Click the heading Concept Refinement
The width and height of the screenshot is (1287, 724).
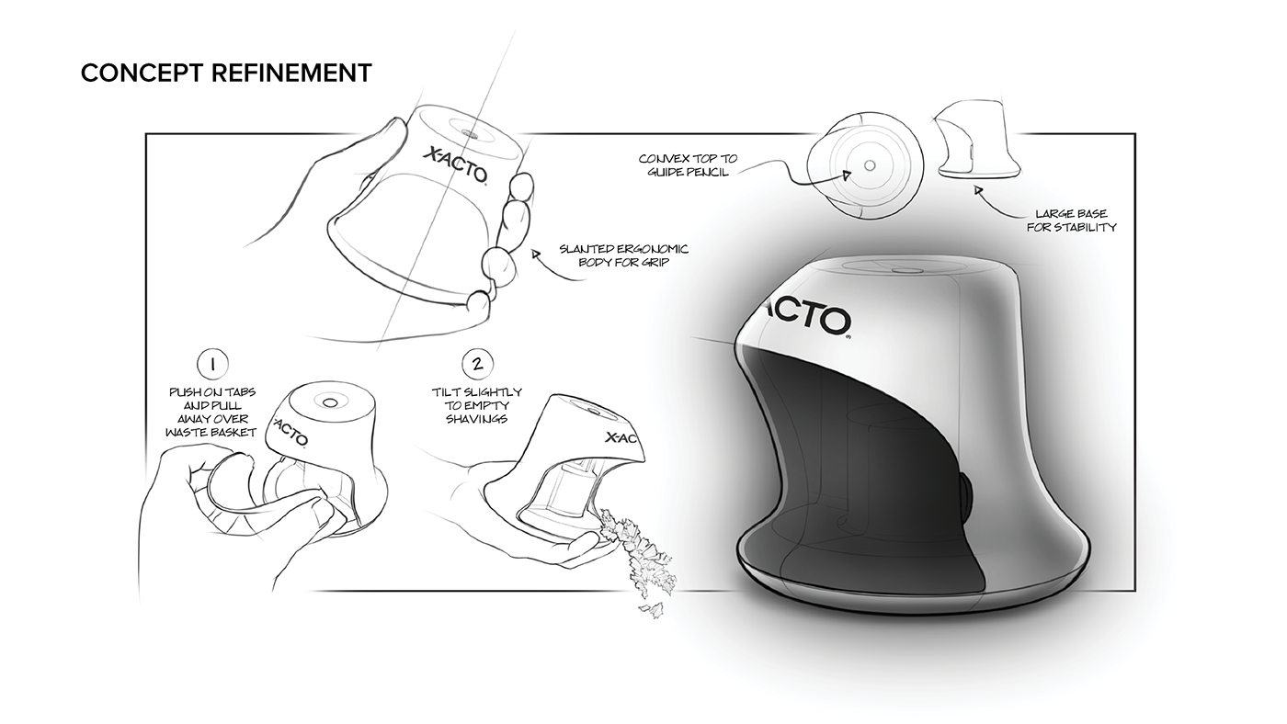(x=226, y=73)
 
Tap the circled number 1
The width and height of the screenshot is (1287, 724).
(x=212, y=363)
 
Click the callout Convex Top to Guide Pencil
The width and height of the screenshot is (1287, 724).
(x=689, y=165)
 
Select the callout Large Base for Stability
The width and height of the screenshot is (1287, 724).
(x=1071, y=221)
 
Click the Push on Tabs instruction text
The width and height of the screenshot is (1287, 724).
(x=213, y=412)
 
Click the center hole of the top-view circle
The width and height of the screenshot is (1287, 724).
(x=869, y=166)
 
